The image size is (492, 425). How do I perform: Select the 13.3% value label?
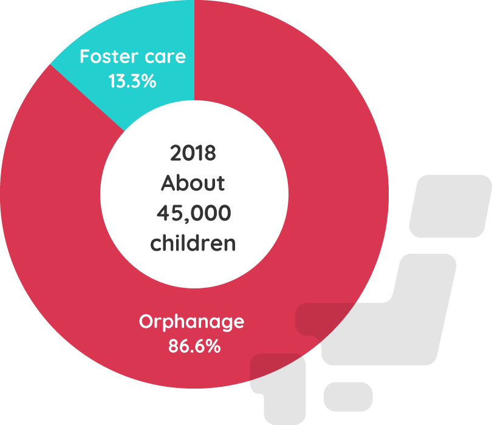click(x=132, y=81)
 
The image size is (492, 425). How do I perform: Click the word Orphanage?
click(x=191, y=322)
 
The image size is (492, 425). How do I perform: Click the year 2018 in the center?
click(x=193, y=153)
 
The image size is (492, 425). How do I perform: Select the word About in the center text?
click(x=193, y=183)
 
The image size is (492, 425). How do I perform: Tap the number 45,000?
click(x=193, y=213)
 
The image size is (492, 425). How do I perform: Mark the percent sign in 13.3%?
click(x=150, y=81)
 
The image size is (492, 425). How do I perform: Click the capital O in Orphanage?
click(x=146, y=321)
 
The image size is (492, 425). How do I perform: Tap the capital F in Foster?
click(x=85, y=57)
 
